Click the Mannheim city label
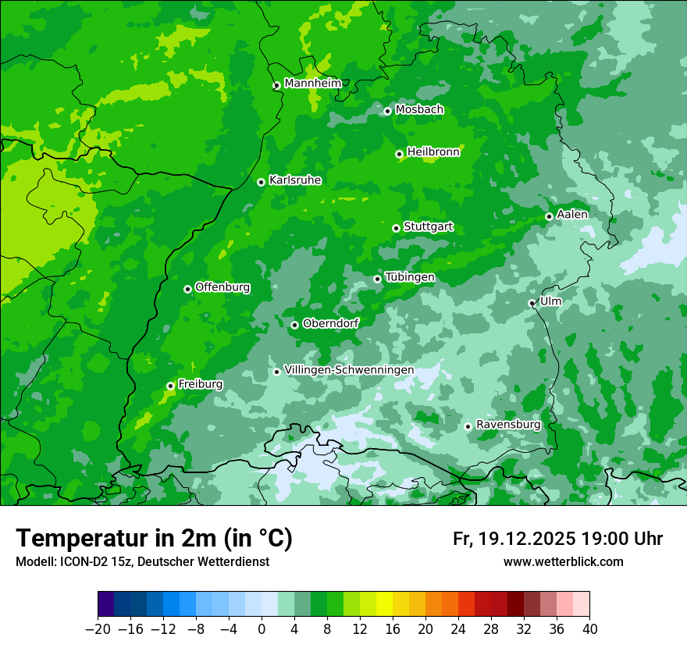312,84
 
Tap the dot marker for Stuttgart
396,228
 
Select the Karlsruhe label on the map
295,180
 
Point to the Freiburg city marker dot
170,386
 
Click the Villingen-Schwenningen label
349,370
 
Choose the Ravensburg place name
508,425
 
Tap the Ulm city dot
532,303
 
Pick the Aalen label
572,215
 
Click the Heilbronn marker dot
399,154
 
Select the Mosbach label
419,110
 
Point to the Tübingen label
410,277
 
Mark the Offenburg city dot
187,289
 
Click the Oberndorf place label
330,323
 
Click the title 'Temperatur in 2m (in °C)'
155,539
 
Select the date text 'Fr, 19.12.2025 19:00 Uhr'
557,539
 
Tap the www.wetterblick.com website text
563,562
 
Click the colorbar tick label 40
589,629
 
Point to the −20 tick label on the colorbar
98,629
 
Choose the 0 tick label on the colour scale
262,629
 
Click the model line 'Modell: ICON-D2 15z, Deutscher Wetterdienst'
142,562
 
